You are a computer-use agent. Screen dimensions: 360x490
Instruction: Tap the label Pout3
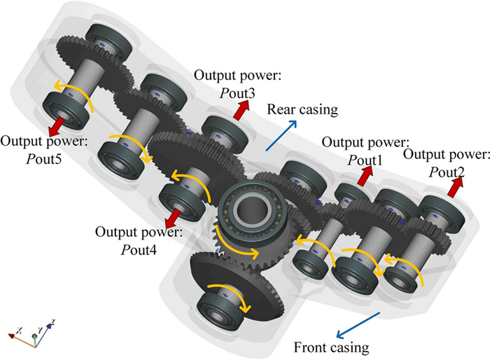pos(220,91)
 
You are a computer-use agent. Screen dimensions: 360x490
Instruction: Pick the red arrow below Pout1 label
pos(363,176)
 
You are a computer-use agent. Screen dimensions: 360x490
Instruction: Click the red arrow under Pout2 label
pos(457,186)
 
